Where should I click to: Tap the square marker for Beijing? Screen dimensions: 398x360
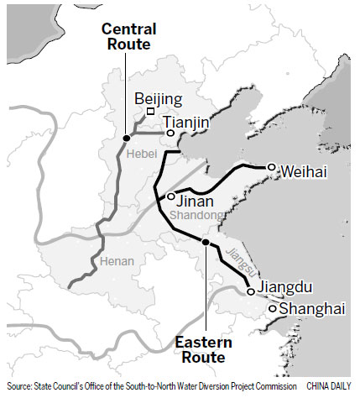[x=150, y=113]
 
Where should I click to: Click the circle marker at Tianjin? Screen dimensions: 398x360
[x=170, y=133]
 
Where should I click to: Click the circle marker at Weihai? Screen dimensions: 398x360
[x=271, y=167]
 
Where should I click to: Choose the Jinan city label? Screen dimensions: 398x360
[x=195, y=202]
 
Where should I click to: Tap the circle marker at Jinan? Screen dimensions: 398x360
[x=170, y=196]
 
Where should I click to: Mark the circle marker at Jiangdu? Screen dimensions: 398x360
[x=250, y=291]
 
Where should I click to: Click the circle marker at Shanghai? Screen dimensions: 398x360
[x=273, y=309]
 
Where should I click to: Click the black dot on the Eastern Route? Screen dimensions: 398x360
[x=205, y=242]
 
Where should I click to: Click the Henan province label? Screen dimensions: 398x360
[x=117, y=261]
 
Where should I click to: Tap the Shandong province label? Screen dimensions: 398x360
[x=196, y=217]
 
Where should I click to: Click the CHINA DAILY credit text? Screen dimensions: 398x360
[x=330, y=385]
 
